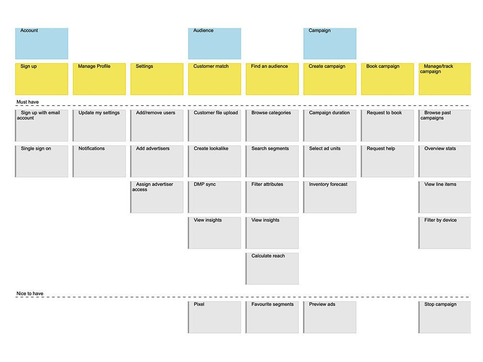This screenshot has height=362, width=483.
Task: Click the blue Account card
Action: click(x=42, y=43)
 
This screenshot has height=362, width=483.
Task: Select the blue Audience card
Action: click(x=214, y=43)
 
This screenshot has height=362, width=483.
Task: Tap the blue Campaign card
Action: click(x=330, y=43)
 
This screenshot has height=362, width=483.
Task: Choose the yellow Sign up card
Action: click(x=42, y=79)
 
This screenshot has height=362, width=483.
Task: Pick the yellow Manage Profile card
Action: click(x=99, y=79)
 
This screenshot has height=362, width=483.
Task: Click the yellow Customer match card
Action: click(x=214, y=79)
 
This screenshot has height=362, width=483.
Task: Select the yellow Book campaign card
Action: click(x=387, y=79)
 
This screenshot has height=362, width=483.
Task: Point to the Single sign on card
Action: click(x=42, y=161)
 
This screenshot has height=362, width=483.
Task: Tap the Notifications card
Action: click(x=99, y=161)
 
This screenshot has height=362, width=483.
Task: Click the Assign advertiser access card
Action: click(x=157, y=197)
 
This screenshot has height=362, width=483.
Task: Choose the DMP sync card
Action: click(x=214, y=197)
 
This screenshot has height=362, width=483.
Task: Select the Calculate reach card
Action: click(x=272, y=268)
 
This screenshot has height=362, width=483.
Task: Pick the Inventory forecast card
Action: click(x=330, y=197)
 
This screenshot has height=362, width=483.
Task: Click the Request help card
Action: click(x=387, y=161)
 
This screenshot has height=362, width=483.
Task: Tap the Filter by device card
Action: click(x=445, y=233)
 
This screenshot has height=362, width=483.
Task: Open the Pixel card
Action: click(x=214, y=317)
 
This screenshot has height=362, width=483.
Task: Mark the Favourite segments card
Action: click(x=272, y=317)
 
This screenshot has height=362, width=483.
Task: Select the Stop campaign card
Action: click(x=445, y=317)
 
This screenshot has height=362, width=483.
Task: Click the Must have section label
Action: click(x=28, y=102)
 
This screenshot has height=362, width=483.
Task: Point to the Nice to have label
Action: click(x=29, y=293)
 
